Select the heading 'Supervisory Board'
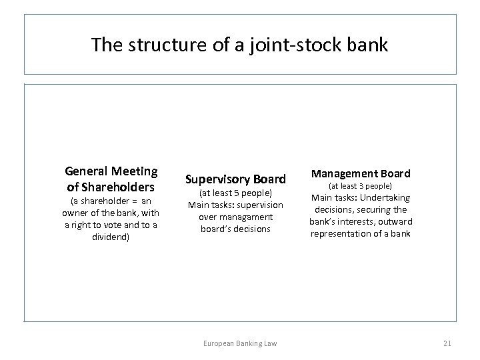tap(235, 179)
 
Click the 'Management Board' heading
tap(361, 173)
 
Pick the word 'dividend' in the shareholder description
tap(111, 236)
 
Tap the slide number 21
tap(447, 343)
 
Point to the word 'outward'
tap(397, 221)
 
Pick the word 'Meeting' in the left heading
tap(136, 172)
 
